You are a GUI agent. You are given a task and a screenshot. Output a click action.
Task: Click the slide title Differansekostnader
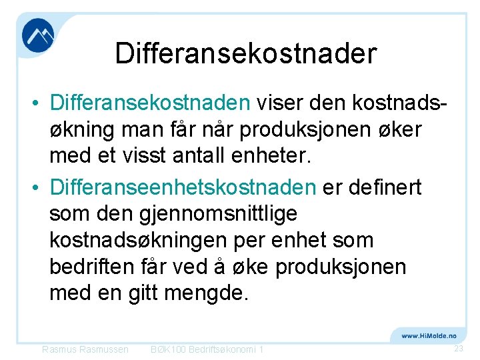[x=246, y=53]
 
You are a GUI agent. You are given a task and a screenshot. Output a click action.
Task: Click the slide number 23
[x=458, y=349]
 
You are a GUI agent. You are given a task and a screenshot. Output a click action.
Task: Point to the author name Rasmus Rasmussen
[x=85, y=349]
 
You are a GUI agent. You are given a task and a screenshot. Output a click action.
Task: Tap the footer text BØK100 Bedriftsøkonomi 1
[x=207, y=349]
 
